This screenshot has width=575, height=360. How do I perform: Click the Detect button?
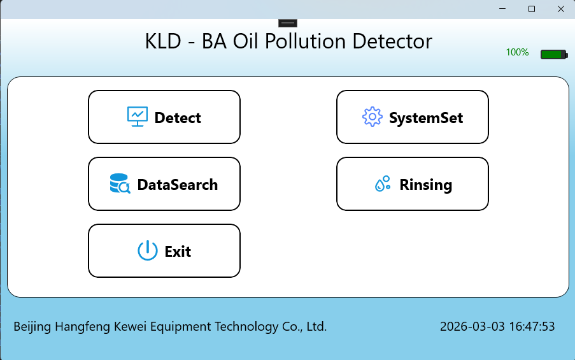pyautogui.click(x=164, y=117)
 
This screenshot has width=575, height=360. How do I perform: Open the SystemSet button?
pyautogui.click(x=412, y=117)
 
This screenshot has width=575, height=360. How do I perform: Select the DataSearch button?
pyautogui.click(x=164, y=184)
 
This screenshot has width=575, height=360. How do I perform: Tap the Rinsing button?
pyautogui.click(x=412, y=184)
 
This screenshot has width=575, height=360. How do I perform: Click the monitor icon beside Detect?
pyautogui.click(x=138, y=117)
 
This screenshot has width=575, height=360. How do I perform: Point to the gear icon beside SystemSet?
pyautogui.click(x=372, y=117)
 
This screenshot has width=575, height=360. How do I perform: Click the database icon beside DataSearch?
pyautogui.click(x=120, y=184)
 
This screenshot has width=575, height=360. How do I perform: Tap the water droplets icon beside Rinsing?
pyautogui.click(x=382, y=184)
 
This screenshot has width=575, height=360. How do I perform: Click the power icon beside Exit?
pyautogui.click(x=147, y=251)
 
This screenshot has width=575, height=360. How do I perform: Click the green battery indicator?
pyautogui.click(x=553, y=55)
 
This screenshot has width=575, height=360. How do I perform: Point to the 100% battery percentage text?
pyautogui.click(x=517, y=53)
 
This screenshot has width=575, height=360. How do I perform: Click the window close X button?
pyautogui.click(x=560, y=9)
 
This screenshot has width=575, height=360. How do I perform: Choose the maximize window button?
pyautogui.click(x=532, y=9)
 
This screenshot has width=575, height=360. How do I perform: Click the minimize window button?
pyautogui.click(x=503, y=9)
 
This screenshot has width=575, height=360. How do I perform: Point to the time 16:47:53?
pyautogui.click(x=532, y=327)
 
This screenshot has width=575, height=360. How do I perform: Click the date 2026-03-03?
pyautogui.click(x=472, y=327)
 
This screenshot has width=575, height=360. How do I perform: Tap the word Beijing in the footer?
pyautogui.click(x=32, y=327)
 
